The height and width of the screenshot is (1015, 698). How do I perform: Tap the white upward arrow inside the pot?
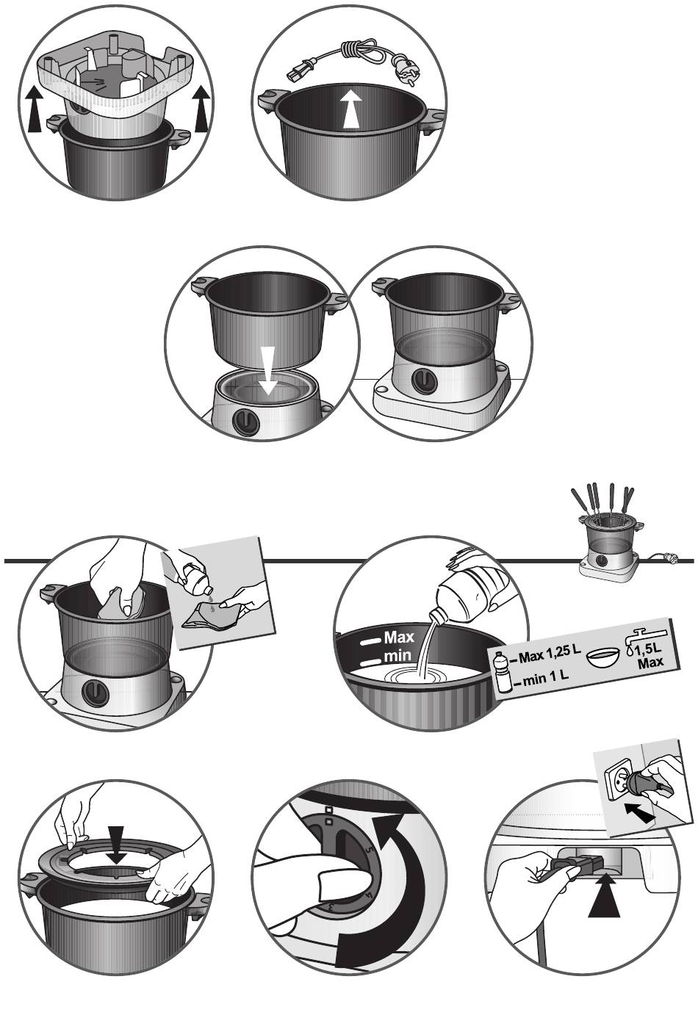click(352, 109)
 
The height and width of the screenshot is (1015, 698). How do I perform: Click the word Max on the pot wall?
click(399, 637)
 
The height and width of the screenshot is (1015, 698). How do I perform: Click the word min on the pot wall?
click(397, 656)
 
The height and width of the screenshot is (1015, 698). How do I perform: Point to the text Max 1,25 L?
click(550, 654)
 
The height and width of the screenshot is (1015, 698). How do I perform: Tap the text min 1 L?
click(545, 678)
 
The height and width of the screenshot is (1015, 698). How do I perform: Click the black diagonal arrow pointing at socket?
click(639, 812)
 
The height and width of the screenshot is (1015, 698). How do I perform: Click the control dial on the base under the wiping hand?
click(96, 693)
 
